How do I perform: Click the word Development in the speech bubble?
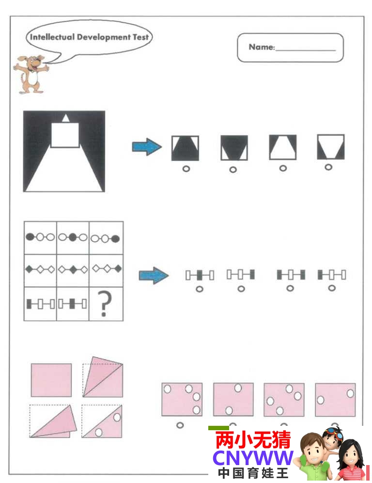coord(104,37)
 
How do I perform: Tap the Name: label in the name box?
coord(262,47)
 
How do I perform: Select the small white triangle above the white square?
coord(65,118)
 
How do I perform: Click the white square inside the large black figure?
coord(65,135)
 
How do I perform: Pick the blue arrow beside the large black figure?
coord(147,146)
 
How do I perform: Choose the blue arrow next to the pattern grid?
coord(154,275)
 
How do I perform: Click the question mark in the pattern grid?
coord(105,303)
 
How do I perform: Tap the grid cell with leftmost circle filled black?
coord(40,237)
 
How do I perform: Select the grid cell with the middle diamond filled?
coord(73,270)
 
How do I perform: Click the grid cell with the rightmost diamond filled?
coord(106,270)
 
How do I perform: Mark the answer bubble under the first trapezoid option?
coord(186,169)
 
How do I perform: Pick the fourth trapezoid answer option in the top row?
coord(331,147)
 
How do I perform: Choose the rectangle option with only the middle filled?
coord(200,275)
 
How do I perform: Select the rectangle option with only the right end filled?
coord(241,274)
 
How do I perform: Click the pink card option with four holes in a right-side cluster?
coord(182,399)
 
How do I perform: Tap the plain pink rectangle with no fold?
coord(51,380)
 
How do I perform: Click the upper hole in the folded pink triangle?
coord(117,418)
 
